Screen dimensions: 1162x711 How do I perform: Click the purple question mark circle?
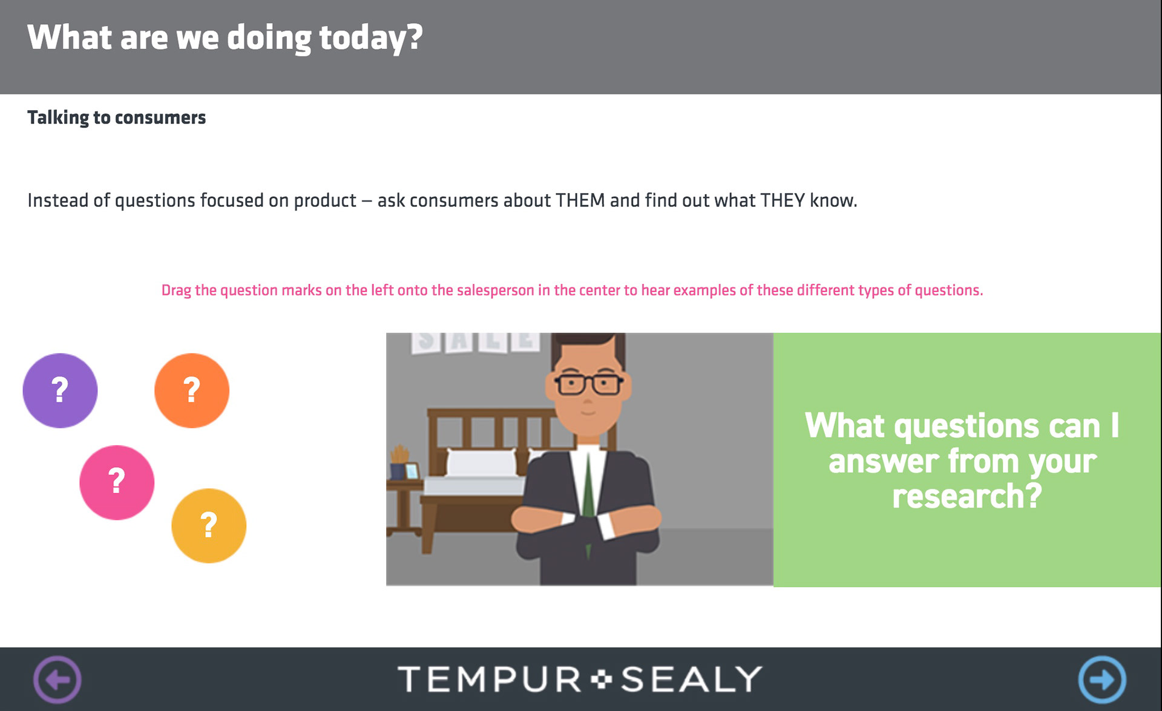pyautogui.click(x=60, y=390)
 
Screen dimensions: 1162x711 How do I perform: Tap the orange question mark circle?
pyautogui.click(x=192, y=390)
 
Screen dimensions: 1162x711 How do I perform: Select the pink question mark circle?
pyautogui.click(x=117, y=482)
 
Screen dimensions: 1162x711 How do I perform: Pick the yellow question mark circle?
pyautogui.click(x=209, y=525)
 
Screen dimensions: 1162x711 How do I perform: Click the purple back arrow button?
pyautogui.click(x=57, y=680)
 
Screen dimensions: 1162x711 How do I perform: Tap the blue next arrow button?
pyautogui.click(x=1102, y=680)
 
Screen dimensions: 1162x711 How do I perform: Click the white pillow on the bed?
pyautogui.click(x=482, y=463)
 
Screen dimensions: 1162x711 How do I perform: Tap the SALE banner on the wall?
pyautogui.click(x=476, y=342)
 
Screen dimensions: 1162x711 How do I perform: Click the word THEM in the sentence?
pyautogui.click(x=580, y=200)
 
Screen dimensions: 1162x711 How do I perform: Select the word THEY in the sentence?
pyautogui.click(x=783, y=200)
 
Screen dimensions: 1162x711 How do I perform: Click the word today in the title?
pyautogui.click(x=371, y=38)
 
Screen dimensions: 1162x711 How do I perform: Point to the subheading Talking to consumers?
pyautogui.click(x=117, y=117)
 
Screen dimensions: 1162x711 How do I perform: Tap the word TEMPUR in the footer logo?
pyautogui.click(x=490, y=679)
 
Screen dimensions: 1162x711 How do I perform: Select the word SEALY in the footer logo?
pyautogui.click(x=691, y=679)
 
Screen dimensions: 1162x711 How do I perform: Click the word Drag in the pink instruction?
pyautogui.click(x=176, y=290)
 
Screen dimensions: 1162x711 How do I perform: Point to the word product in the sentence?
pyautogui.click(x=325, y=201)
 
